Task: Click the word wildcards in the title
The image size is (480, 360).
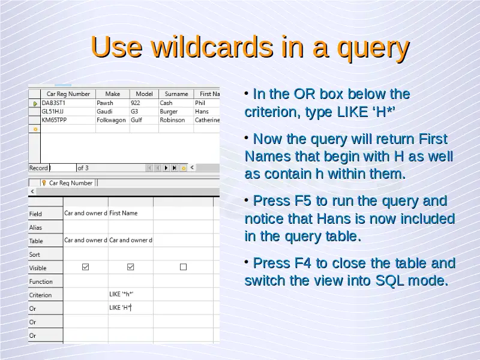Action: click(x=212, y=47)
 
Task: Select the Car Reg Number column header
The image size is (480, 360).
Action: click(x=68, y=94)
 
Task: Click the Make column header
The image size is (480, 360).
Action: click(x=113, y=94)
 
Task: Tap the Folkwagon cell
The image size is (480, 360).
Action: click(x=111, y=120)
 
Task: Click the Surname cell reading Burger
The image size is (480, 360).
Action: click(x=169, y=112)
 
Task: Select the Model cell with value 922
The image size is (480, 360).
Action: click(x=136, y=103)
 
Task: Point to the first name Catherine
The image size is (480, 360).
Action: click(x=207, y=120)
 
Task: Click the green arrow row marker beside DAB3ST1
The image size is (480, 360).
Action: click(x=35, y=104)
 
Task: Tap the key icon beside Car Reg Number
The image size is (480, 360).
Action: click(x=44, y=183)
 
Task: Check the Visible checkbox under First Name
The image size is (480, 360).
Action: click(x=130, y=267)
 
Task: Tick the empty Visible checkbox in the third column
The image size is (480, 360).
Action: click(x=183, y=267)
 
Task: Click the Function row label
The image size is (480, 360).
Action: click(x=41, y=281)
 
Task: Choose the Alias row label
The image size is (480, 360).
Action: click(x=35, y=227)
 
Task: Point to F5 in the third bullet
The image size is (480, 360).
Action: click(x=302, y=201)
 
